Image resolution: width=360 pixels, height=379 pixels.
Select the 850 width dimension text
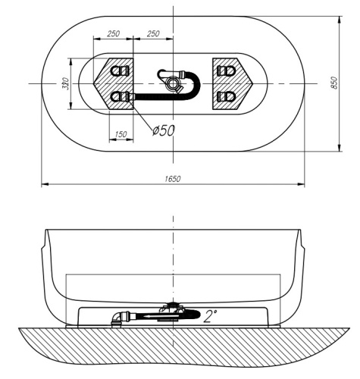[334, 83]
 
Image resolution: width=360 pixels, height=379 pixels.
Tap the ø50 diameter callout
[163, 130]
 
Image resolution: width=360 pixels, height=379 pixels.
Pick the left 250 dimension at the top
[113, 34]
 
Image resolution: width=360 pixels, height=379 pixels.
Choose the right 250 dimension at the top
[152, 34]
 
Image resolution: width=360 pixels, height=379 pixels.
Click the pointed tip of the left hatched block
[95, 83]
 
